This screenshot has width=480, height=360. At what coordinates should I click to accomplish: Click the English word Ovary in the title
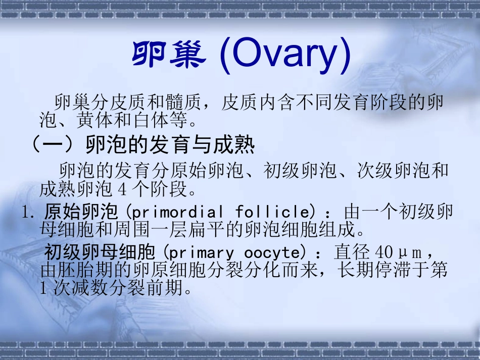pos(286,57)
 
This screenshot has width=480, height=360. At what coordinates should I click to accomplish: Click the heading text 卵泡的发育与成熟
pos(169,146)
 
